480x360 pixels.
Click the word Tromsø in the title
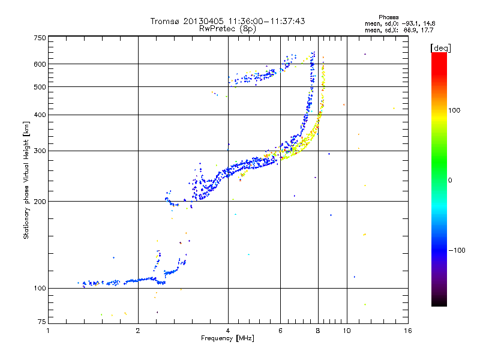(166, 21)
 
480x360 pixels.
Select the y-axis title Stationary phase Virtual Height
(26, 180)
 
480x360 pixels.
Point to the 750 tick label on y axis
(40, 38)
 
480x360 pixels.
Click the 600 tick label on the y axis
(40, 64)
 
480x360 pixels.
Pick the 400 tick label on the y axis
(40, 115)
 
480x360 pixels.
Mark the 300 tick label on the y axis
(40, 151)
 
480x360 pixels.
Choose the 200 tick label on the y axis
(40, 202)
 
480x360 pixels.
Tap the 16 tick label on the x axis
(408, 331)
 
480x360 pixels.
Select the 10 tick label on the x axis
(347, 331)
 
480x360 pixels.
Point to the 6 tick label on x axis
(281, 331)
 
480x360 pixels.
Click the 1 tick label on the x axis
(49, 331)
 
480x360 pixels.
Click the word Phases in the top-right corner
(389, 17)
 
